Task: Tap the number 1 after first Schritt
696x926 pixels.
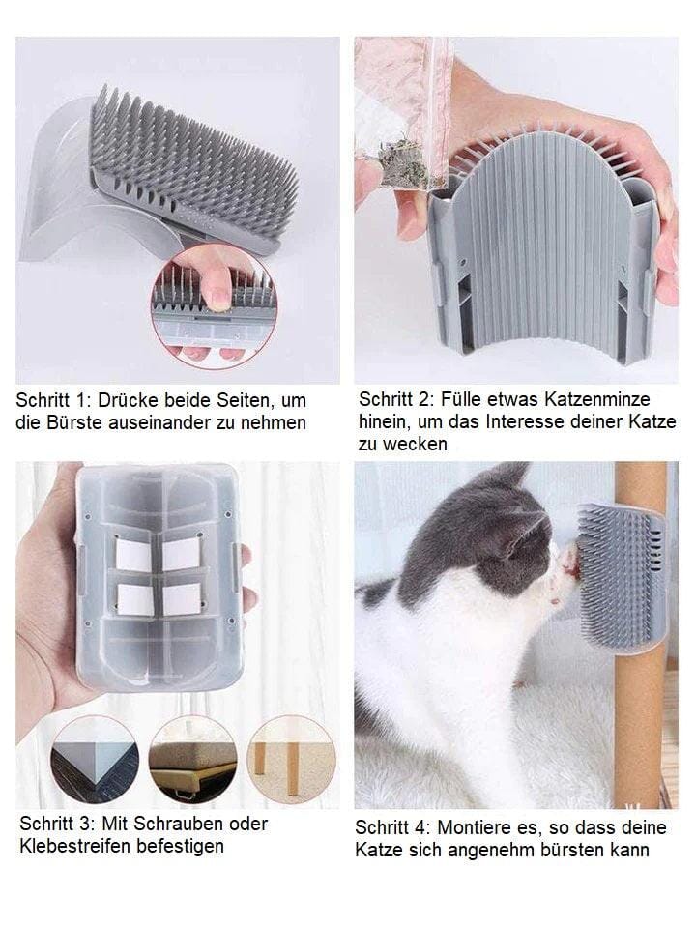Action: pos(81,400)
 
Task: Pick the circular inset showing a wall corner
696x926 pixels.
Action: pos(95,760)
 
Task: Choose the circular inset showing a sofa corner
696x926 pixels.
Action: pos(193,760)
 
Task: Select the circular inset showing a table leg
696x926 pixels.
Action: pos(291,760)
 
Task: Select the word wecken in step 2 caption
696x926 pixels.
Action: pos(414,444)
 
